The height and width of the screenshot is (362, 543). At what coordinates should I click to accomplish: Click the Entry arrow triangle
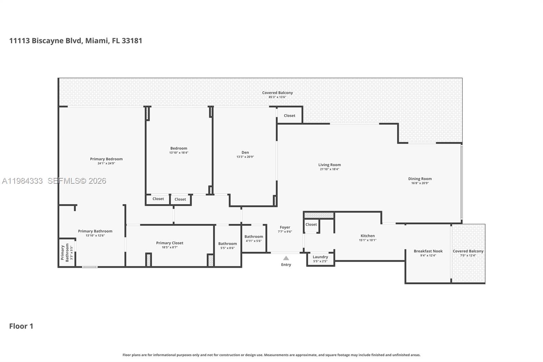(x=286, y=258)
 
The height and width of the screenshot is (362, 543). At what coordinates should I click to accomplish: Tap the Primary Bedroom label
(x=106, y=159)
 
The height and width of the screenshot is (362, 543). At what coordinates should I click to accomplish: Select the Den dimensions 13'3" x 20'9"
(x=245, y=157)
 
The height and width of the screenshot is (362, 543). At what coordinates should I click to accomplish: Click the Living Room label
(x=329, y=165)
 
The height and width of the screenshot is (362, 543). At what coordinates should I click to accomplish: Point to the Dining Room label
(x=420, y=179)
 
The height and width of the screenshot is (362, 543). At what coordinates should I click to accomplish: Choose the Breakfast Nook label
(x=428, y=251)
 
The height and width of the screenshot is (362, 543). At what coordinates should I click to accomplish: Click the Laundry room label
(x=320, y=257)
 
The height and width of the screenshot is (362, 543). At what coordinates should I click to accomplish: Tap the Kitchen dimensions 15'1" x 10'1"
(x=368, y=240)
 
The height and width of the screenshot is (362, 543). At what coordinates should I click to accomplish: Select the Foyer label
(x=285, y=227)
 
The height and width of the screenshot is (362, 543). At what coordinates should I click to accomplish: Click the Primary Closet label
(x=169, y=243)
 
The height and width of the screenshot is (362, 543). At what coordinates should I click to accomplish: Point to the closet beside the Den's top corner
(x=289, y=115)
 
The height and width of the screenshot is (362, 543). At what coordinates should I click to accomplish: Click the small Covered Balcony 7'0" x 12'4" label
(x=468, y=251)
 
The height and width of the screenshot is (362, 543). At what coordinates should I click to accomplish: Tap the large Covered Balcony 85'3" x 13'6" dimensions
(x=277, y=97)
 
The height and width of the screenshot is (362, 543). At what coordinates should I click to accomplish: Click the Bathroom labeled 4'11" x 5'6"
(x=254, y=236)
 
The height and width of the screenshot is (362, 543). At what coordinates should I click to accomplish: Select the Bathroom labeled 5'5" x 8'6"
(x=227, y=243)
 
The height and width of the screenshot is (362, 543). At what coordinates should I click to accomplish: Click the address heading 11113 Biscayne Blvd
(x=75, y=41)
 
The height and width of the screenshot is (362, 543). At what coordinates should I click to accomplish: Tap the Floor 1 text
(x=21, y=326)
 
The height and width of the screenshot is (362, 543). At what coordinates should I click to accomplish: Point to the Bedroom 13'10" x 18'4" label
(x=179, y=148)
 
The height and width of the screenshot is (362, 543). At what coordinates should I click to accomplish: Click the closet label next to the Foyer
(x=311, y=224)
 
